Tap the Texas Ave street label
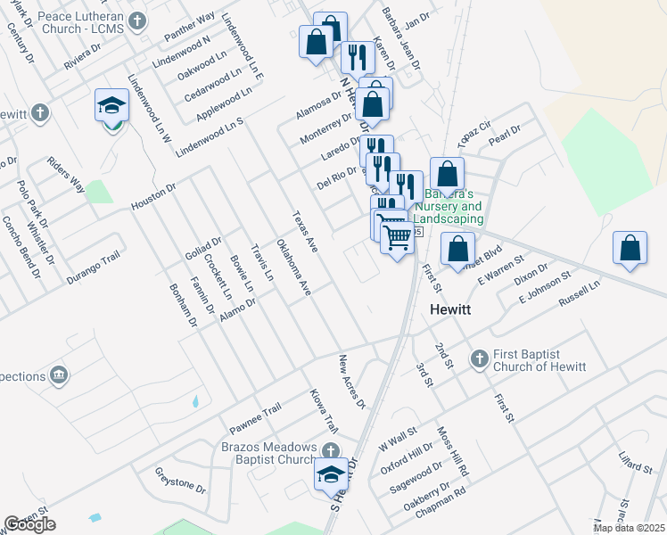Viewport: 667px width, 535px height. [305, 230]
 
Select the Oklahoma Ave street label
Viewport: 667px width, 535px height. [293, 267]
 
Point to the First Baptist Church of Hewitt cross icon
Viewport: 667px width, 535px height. [479, 358]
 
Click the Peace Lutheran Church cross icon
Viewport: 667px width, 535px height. [136, 21]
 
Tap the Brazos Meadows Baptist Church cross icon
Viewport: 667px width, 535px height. [330, 451]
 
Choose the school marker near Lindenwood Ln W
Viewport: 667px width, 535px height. [112, 106]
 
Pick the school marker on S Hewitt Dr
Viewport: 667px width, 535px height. [331, 473]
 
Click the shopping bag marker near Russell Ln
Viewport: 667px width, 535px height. [630, 249]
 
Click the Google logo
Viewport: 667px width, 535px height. [29, 523]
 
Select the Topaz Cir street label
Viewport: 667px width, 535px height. [474, 133]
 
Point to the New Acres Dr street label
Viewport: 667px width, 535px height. [351, 381]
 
